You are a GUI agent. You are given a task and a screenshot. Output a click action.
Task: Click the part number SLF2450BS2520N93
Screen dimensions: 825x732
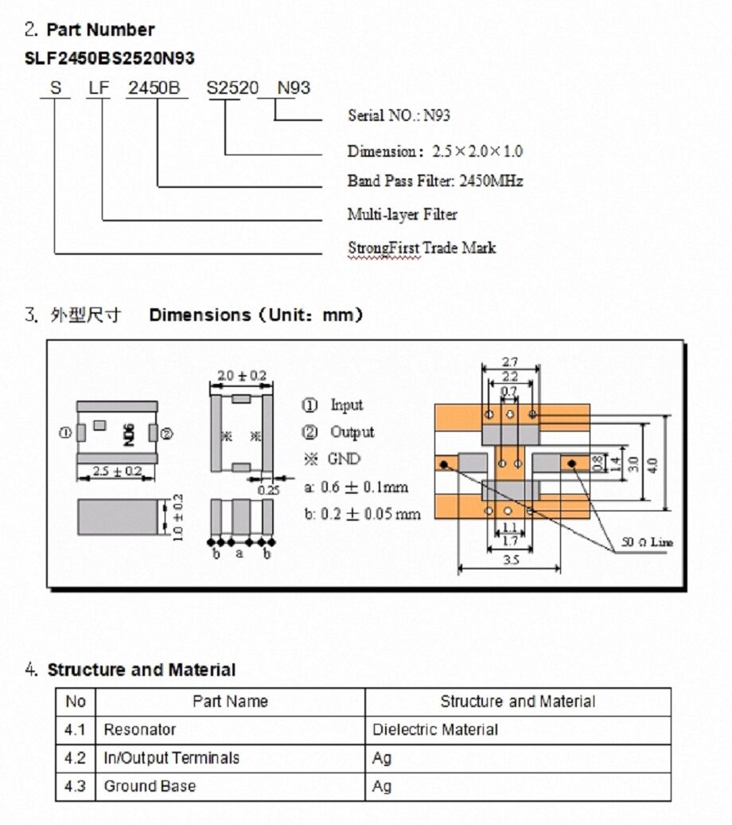[110, 58]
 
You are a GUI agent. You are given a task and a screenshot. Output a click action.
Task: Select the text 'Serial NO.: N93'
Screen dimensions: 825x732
[399, 115]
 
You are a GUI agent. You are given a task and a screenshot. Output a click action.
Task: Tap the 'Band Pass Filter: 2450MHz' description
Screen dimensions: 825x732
[435, 181]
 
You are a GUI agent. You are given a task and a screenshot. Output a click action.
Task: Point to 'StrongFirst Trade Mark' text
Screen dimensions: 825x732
[422, 248]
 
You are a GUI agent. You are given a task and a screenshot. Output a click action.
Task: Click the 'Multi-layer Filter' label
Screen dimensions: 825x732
[402, 214]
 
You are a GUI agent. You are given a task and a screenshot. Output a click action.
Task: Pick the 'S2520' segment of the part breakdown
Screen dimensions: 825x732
[232, 88]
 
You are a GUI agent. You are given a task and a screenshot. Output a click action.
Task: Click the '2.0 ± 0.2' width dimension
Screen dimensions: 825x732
[242, 375]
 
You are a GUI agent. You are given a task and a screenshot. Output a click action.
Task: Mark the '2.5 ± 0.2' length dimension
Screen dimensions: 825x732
[118, 471]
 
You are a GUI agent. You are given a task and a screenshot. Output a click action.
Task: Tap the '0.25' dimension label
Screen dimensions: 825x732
[269, 491]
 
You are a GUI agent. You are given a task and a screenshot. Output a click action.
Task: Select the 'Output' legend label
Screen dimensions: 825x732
[352, 432]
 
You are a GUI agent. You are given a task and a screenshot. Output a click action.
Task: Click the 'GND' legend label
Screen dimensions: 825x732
[343, 459]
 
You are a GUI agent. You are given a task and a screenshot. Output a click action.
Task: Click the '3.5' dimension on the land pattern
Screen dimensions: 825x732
[511, 560]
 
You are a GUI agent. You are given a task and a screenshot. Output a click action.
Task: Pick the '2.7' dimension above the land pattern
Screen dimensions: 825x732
[510, 363]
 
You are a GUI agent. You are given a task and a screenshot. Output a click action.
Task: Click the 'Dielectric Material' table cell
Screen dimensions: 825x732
[435, 729]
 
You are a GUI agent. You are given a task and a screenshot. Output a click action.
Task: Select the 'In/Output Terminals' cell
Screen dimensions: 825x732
[171, 758]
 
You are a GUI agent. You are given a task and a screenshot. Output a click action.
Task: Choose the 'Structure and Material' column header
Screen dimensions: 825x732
[517, 702]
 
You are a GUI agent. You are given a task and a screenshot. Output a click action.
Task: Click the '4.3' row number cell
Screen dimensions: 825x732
[75, 786]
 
